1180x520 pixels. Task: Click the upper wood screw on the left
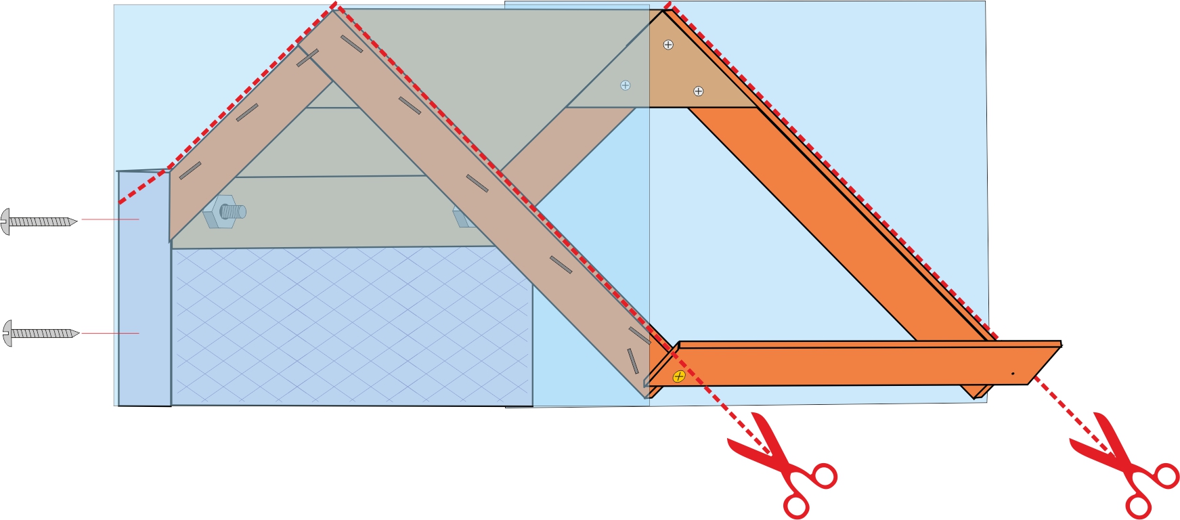click(39, 221)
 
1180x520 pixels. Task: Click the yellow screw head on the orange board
click(679, 376)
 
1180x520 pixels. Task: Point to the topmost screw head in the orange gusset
click(668, 45)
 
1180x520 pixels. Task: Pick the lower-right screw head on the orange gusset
click(699, 91)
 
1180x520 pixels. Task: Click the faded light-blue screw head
click(626, 85)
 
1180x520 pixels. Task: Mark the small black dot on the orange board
click(1013, 373)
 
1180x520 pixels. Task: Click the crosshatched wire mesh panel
click(352, 325)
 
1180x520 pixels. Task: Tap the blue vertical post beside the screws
click(144, 291)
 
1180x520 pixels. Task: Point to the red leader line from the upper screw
click(110, 219)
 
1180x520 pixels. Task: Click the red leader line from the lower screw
click(110, 333)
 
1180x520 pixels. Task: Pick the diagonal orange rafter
click(839, 223)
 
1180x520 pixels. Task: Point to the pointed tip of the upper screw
click(76, 221)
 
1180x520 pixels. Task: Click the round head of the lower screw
click(7, 333)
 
